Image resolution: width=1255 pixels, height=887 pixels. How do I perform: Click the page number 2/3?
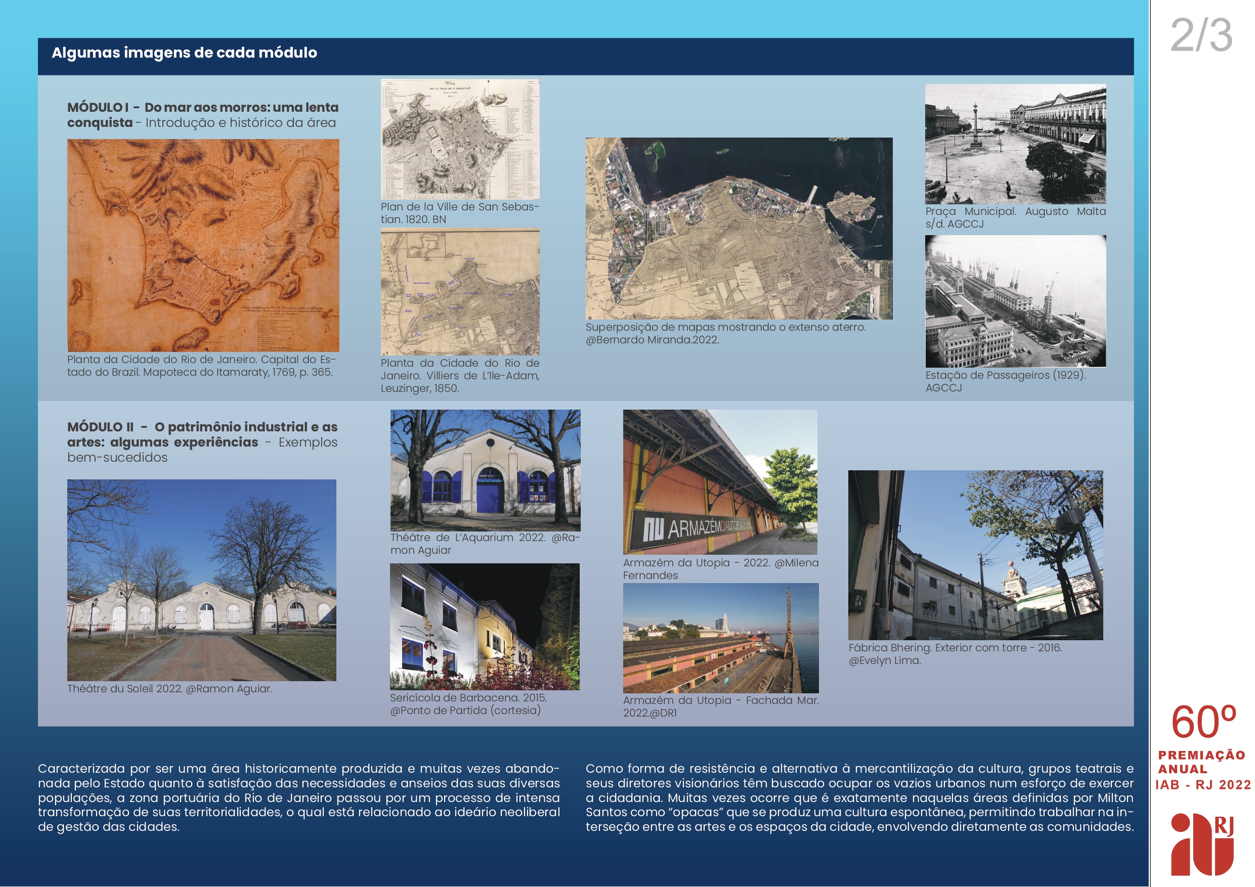[x=1201, y=35]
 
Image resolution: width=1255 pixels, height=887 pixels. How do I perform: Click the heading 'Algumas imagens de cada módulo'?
[x=184, y=53]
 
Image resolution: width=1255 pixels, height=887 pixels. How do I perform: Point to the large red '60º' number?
[x=1202, y=723]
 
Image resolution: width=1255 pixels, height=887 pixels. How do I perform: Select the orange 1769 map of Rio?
[x=203, y=245]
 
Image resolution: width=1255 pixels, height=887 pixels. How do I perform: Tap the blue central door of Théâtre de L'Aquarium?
[x=490, y=494]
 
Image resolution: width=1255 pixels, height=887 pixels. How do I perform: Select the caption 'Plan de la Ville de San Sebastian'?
[x=459, y=212]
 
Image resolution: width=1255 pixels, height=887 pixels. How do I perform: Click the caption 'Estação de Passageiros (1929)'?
[x=1005, y=375]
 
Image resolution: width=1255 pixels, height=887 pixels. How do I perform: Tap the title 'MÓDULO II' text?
[x=101, y=427]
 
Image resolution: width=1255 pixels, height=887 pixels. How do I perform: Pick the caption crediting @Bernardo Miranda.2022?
[x=652, y=340]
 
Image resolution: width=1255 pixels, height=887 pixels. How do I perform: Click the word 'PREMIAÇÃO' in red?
[x=1201, y=756]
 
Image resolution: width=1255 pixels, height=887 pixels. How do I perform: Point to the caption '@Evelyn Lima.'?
[x=884, y=660]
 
